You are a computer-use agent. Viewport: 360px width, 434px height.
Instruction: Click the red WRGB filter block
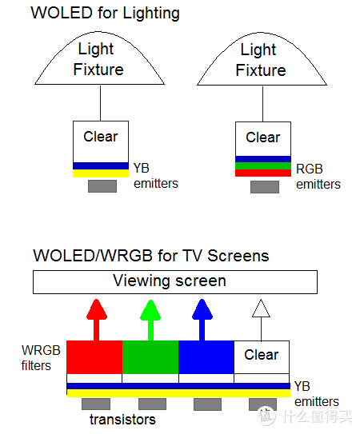tap(94, 357)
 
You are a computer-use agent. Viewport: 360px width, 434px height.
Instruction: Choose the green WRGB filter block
tap(150, 357)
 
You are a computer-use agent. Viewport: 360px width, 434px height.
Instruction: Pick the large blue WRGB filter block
tap(206, 357)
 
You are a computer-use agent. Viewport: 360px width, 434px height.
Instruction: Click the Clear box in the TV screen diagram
tap(262, 356)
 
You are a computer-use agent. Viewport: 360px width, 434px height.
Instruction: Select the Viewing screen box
tap(174, 281)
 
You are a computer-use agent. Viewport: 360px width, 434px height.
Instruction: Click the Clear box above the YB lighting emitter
tap(101, 141)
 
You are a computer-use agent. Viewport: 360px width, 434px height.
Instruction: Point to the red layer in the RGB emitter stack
tap(262, 173)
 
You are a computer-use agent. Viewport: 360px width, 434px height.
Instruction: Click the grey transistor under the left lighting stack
tap(102, 186)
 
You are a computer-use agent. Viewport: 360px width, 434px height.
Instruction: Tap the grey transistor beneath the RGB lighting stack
tap(264, 187)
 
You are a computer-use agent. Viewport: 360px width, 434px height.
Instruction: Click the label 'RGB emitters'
tap(318, 177)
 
